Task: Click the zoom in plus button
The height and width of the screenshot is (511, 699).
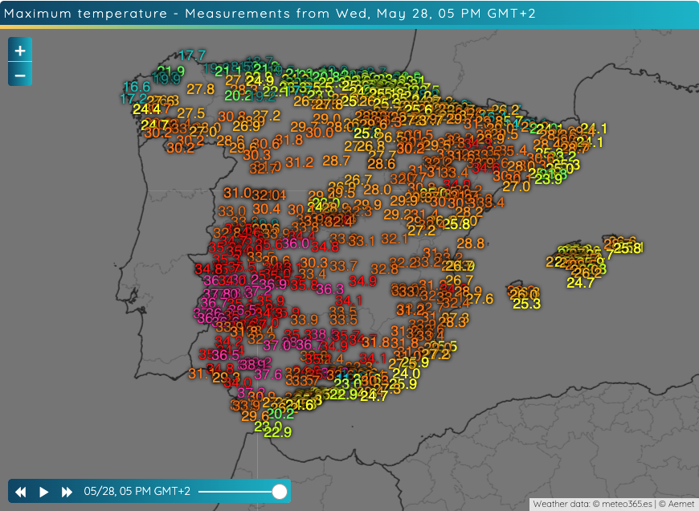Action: pos(20,50)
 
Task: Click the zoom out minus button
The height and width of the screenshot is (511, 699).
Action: pos(20,75)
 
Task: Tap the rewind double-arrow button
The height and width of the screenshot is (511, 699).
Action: pos(21,492)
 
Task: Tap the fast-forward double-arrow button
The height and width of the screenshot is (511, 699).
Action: pos(67,492)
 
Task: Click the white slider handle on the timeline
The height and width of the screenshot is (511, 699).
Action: pos(280,491)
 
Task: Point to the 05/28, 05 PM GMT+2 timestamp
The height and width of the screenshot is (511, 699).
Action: pos(137,492)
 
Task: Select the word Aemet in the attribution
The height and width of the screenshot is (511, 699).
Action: pos(679,504)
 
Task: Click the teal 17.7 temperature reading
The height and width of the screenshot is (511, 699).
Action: pos(192,55)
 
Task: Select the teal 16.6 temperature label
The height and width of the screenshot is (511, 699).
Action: pos(137,87)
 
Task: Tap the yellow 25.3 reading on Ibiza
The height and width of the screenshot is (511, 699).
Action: pos(526,304)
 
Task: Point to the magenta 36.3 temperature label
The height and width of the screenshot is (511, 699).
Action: pos(330,289)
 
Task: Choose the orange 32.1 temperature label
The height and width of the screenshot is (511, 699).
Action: pos(394,239)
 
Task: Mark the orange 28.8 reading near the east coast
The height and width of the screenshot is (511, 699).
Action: pos(470,243)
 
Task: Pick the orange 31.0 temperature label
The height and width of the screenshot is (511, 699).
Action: pos(237,193)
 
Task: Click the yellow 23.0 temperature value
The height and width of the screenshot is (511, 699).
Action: pos(268,426)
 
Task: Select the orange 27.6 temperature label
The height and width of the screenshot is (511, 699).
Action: pos(479,299)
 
